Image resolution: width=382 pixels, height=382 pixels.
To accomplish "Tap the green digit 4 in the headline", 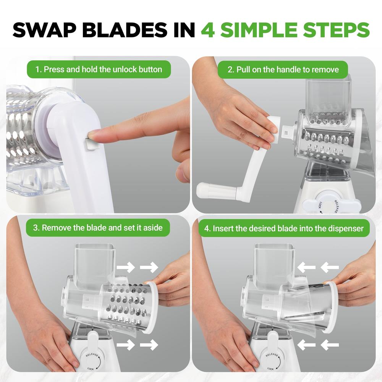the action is (x=208, y=30).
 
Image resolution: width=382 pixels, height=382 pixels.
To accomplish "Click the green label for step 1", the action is (x=99, y=70).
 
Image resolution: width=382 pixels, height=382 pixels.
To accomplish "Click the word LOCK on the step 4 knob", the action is (x=270, y=369).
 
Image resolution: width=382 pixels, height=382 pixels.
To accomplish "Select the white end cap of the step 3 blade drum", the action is (x=152, y=308).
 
